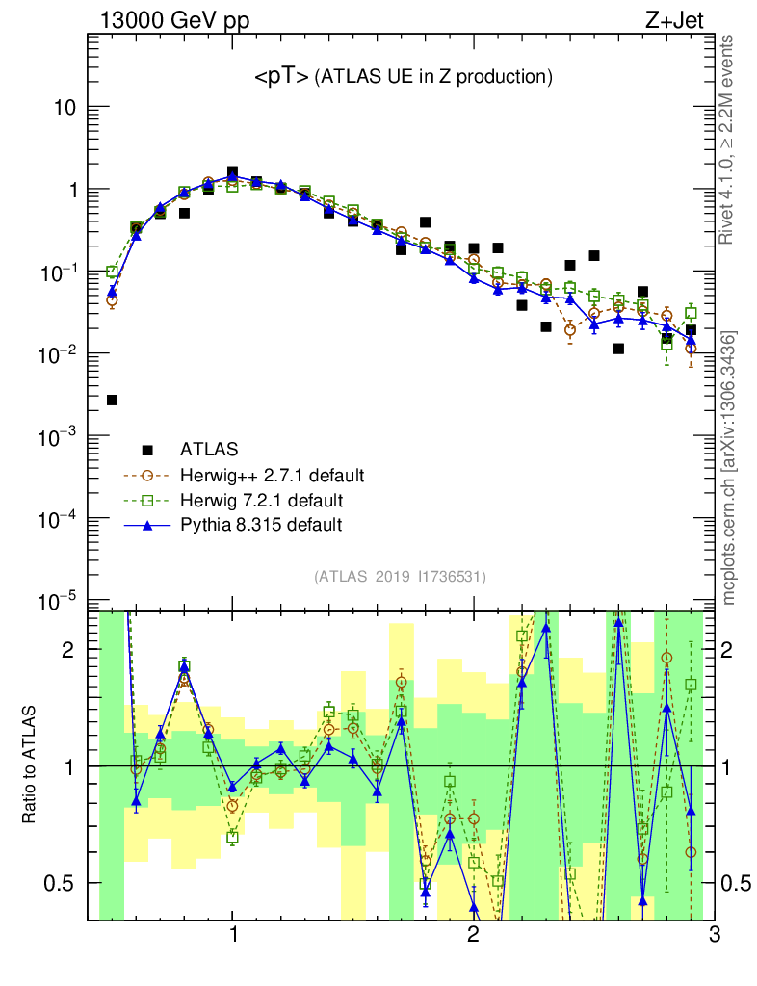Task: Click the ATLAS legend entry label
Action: (209, 449)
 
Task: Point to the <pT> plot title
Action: (403, 76)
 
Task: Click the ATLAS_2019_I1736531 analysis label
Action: (400, 577)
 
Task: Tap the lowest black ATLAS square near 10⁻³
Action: (112, 400)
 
